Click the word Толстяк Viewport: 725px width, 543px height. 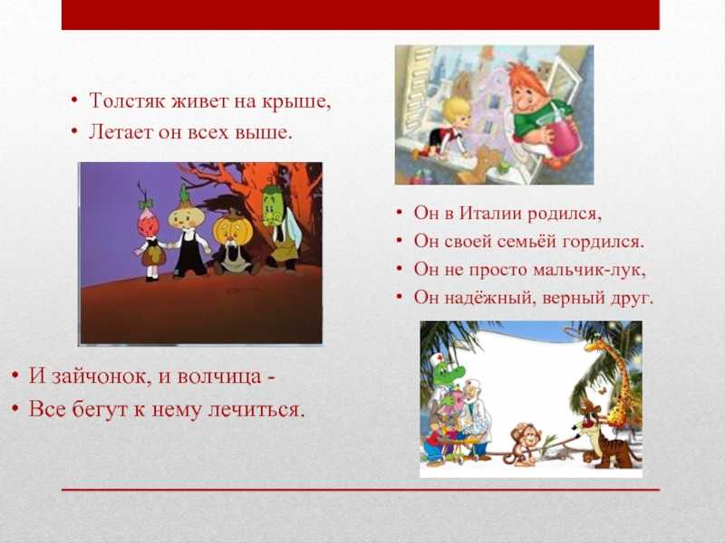127,100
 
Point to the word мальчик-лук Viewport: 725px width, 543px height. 589,270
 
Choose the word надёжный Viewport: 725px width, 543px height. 491,299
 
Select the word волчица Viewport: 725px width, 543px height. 219,376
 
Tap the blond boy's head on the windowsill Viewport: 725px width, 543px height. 457,112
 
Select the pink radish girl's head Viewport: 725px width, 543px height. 148,223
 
